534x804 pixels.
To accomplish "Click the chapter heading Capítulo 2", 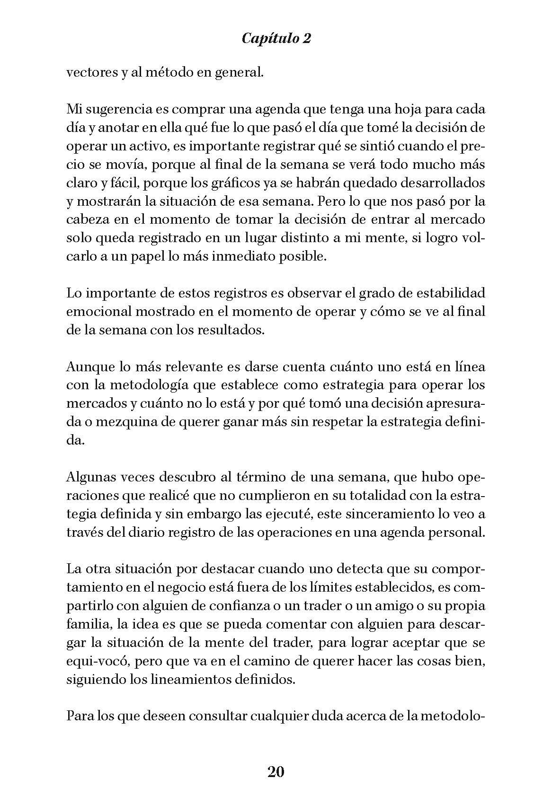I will [276, 38].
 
